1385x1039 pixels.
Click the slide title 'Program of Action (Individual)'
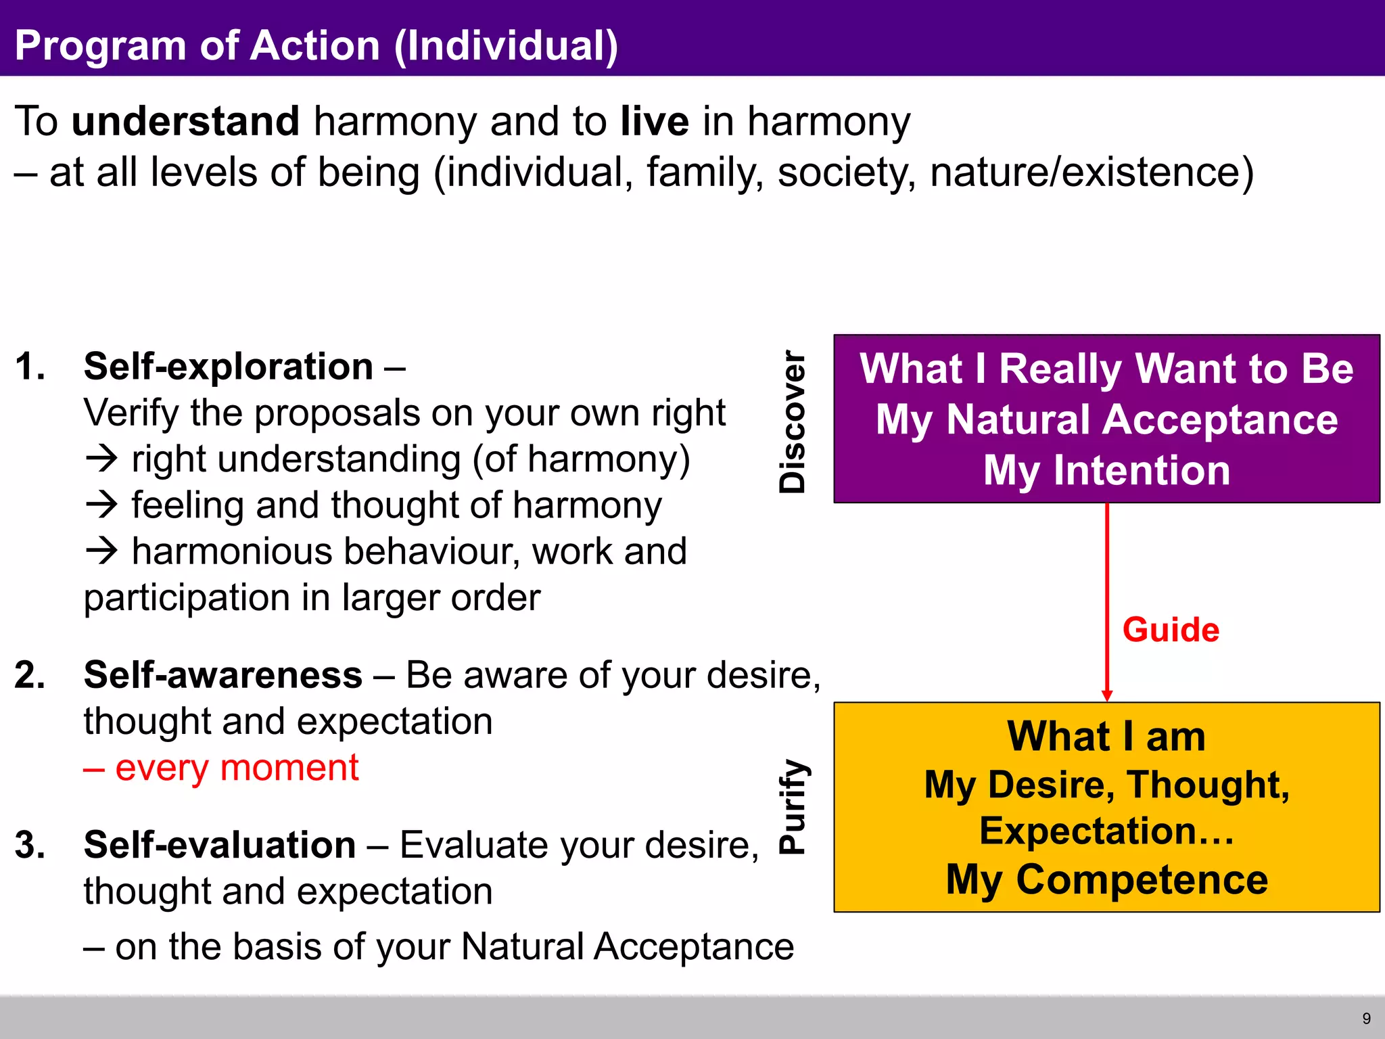click(x=316, y=45)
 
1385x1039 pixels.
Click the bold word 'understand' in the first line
click(x=185, y=121)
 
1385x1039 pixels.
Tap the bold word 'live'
click(x=654, y=121)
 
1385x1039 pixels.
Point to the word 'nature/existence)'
click(x=1091, y=172)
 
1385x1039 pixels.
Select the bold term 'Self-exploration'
click(x=228, y=367)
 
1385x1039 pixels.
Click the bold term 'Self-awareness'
click(x=222, y=675)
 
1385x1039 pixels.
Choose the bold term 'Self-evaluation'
click(x=219, y=845)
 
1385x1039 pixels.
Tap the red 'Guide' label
click(x=1171, y=630)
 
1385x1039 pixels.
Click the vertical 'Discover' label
click(x=792, y=421)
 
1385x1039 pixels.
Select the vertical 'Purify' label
click(x=792, y=806)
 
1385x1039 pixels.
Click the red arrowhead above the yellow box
click(x=1107, y=696)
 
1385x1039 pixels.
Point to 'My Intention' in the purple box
click(x=1106, y=470)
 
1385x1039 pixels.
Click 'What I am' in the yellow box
click(x=1106, y=736)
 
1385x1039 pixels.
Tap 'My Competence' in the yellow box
click(x=1106, y=879)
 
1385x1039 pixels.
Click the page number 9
click(x=1366, y=1019)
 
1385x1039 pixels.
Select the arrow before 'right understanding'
click(x=102, y=459)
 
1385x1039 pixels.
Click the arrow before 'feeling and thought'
click(x=102, y=505)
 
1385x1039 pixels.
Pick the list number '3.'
click(x=30, y=845)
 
